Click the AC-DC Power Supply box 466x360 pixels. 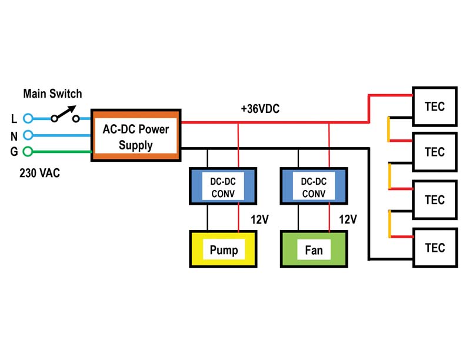[136, 135]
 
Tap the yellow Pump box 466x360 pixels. [223, 249]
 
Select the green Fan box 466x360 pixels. [314, 249]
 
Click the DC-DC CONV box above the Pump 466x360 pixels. [223, 186]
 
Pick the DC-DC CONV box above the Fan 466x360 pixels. [314, 186]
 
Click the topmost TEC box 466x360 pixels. [435, 106]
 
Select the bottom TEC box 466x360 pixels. [435, 248]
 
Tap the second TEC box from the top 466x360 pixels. [435, 152]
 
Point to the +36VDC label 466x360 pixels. [260, 109]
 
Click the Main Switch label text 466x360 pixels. [52, 94]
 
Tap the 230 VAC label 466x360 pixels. [39, 173]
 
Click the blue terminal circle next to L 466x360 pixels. [28, 118]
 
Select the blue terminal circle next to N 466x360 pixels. [28, 135]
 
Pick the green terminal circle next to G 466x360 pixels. [28, 152]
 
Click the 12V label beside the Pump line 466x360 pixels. [259, 219]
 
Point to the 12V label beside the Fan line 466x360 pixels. [348, 219]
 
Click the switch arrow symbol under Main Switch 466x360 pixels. [65, 114]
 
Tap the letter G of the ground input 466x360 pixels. [14, 152]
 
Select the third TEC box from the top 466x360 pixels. [435, 200]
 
